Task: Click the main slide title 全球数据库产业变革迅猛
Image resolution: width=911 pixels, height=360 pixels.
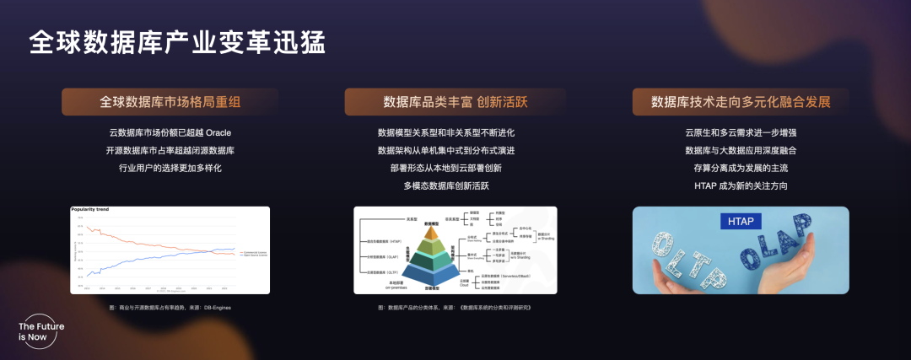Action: coord(176,42)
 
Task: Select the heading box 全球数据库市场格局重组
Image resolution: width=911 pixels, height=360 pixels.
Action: coord(170,102)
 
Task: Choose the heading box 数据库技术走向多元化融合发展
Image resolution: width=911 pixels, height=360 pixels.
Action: coord(741,102)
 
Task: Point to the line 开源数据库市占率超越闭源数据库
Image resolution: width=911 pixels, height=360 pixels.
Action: coord(170,151)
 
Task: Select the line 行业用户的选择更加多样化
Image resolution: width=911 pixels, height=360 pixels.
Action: coord(170,169)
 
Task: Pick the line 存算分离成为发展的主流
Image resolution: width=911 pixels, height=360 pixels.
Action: coord(741,169)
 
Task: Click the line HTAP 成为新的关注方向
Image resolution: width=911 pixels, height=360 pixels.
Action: coord(741,186)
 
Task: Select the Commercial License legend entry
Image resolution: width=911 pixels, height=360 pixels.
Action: coord(251,250)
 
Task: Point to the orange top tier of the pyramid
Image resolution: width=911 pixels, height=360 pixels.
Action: coord(432,228)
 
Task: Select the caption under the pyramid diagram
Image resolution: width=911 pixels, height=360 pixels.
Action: coord(455,308)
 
